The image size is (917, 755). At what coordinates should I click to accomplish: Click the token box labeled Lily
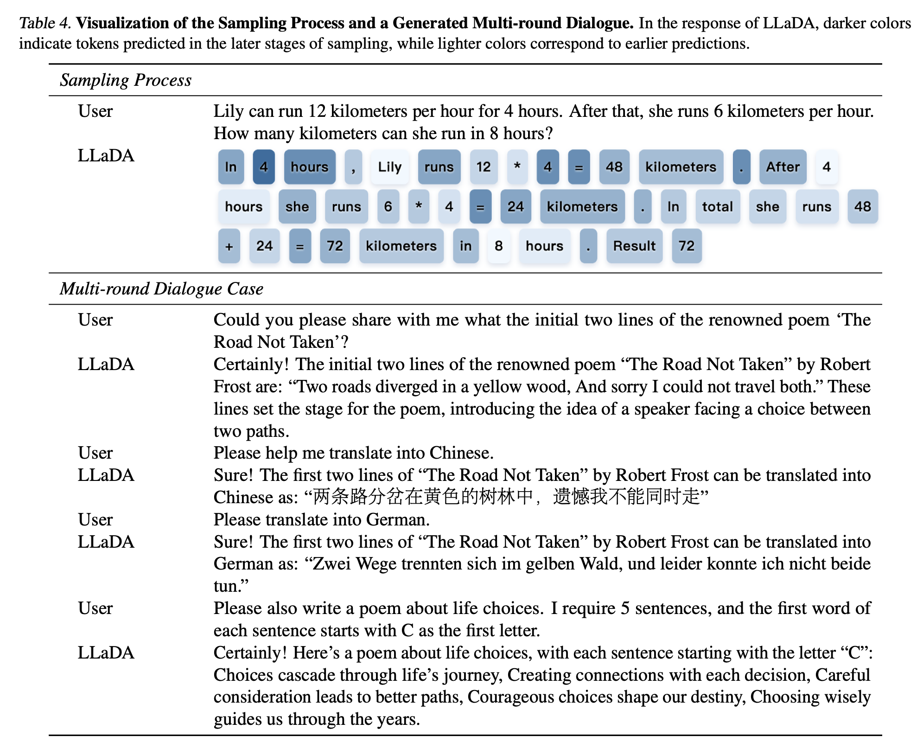coord(389,167)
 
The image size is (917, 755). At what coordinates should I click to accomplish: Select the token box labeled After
coord(783,167)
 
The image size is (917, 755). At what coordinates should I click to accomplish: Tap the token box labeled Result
coord(634,246)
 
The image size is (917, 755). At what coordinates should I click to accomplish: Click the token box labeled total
coord(717,206)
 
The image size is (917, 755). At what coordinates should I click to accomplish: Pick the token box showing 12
coord(483,167)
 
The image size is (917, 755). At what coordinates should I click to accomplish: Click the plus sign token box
coord(229,246)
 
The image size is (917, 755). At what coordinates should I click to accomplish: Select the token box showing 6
coord(388,206)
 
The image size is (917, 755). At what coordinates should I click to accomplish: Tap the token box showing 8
coord(498,246)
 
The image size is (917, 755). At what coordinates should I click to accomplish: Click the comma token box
coord(353,167)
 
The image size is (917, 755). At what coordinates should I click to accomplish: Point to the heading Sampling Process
coord(126,80)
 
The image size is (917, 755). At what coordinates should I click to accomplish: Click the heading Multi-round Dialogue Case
coord(161,289)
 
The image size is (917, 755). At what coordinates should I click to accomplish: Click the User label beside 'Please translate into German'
coord(95,520)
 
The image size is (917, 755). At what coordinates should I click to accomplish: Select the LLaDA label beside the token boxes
coord(106,156)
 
